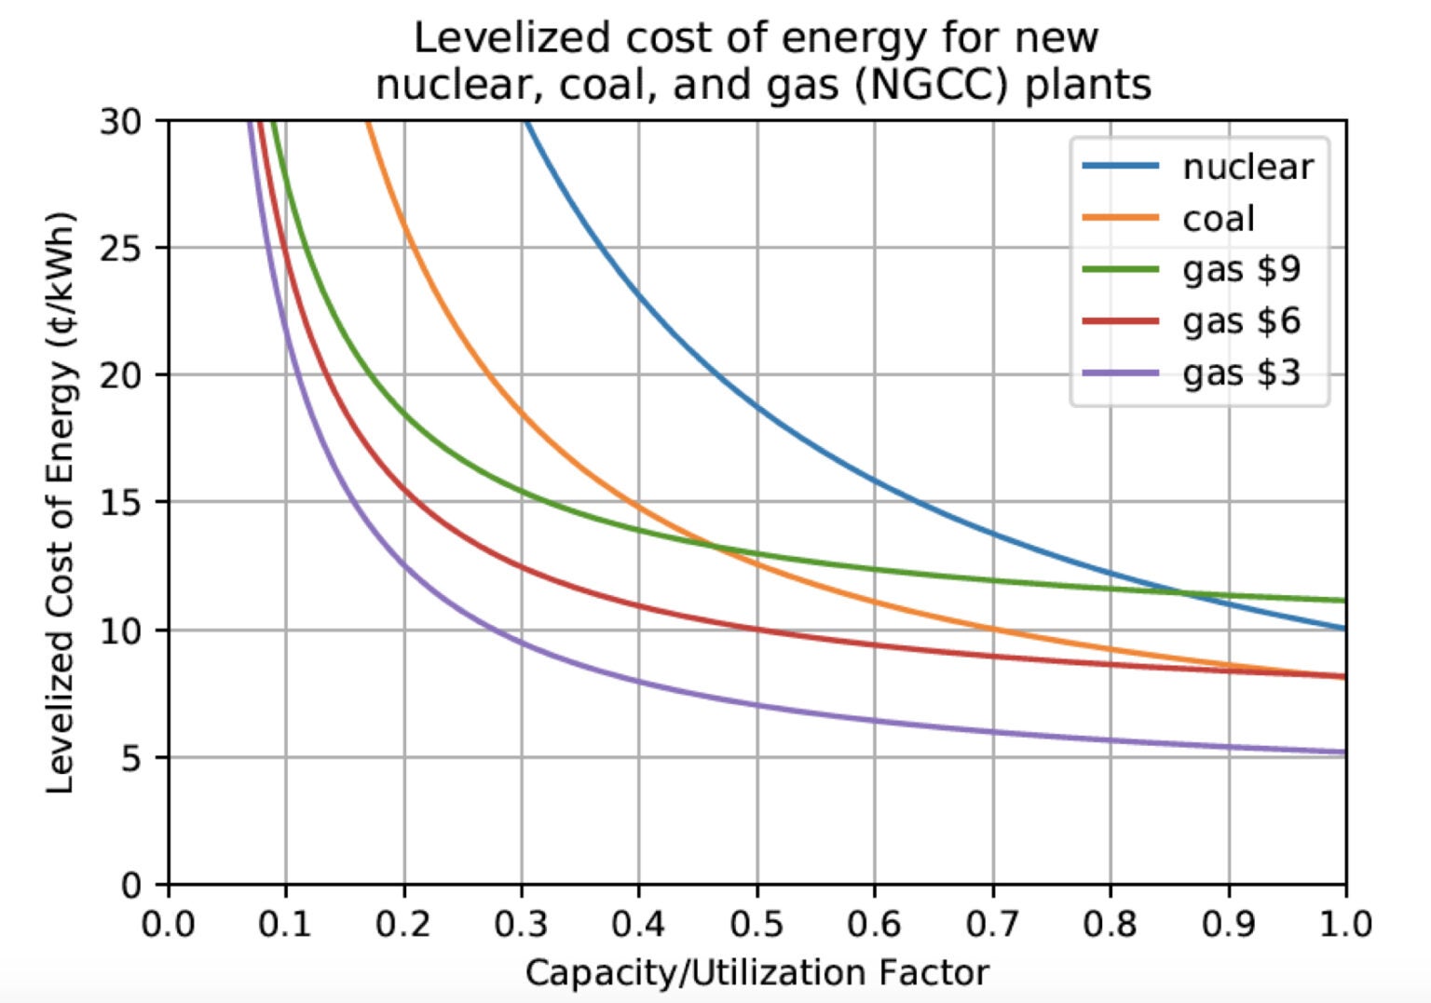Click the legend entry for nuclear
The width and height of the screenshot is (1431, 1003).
pos(1247,167)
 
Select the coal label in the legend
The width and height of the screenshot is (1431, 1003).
pos(1218,219)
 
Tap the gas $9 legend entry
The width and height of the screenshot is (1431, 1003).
pos(1241,270)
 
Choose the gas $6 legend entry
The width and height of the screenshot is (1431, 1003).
pos(1241,321)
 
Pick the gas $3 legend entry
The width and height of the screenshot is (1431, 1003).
pos(1241,373)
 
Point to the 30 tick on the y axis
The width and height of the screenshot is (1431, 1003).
pos(121,122)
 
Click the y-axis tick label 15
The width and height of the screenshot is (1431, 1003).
pos(121,503)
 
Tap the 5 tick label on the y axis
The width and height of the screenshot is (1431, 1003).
pos(132,758)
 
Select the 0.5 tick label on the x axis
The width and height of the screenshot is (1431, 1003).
pos(756,925)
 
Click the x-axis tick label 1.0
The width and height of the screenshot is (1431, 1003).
pos(1344,925)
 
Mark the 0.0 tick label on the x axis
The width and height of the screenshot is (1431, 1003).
pos(169,925)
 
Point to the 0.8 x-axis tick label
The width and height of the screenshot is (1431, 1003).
pos(1110,925)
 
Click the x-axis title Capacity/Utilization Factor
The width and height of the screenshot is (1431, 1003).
pos(756,973)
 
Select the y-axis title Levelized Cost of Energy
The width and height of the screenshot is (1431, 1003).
pos(60,503)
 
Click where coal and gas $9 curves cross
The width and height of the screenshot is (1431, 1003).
pos(713,546)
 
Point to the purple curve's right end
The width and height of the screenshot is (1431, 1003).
pos(1344,752)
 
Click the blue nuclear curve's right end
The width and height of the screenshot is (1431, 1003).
pos(1344,629)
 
